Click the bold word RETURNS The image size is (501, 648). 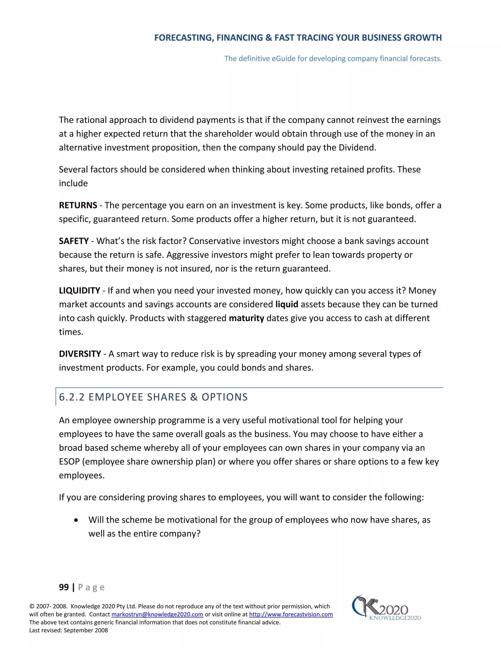[x=78, y=205]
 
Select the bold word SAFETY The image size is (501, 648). [x=74, y=241]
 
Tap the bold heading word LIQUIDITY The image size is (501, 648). [x=79, y=290]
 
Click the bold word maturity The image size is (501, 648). [x=246, y=318]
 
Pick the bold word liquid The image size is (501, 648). [x=286, y=304]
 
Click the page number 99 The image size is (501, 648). [x=64, y=587]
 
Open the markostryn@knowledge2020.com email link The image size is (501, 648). [x=157, y=614]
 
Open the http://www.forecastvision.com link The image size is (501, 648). [x=291, y=614]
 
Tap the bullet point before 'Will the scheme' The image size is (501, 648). [x=76, y=520]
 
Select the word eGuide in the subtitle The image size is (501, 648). [x=284, y=58]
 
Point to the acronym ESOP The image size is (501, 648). [x=69, y=462]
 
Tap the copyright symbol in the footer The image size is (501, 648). [x=32, y=606]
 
